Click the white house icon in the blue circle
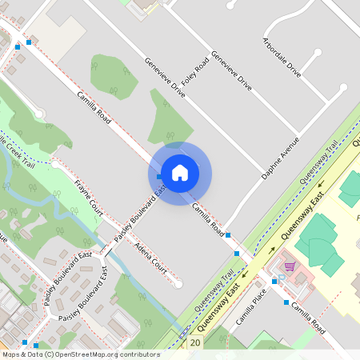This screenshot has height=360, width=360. pyautogui.click(x=180, y=172)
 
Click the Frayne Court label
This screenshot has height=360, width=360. pyautogui.click(x=89, y=197)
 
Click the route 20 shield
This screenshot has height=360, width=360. pyautogui.click(x=196, y=342)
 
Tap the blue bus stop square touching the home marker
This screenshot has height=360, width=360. pyautogui.click(x=160, y=176)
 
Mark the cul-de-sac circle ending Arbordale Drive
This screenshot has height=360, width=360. pyautogui.click(x=318, y=54)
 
